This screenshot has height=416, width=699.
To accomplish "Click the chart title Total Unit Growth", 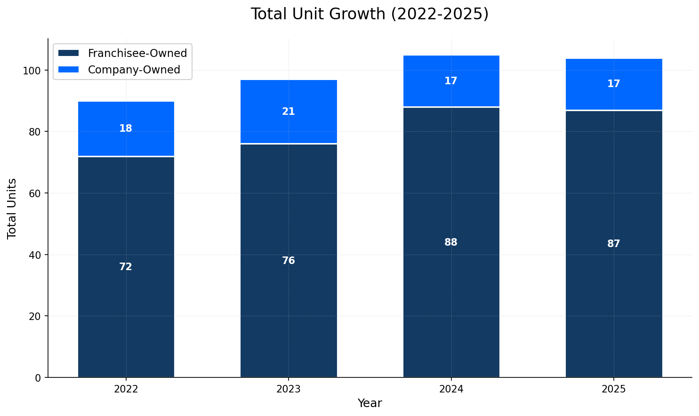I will click(x=370, y=14).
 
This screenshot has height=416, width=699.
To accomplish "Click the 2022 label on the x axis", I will click(x=126, y=389).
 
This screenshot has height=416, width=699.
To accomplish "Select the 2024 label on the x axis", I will click(x=451, y=389).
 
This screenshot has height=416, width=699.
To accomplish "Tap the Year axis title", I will click(x=370, y=403).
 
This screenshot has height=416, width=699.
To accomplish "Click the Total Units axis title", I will click(x=12, y=208).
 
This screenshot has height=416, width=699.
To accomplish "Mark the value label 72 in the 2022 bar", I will click(x=126, y=267).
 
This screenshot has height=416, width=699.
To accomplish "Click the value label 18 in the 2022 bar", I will click(x=126, y=128).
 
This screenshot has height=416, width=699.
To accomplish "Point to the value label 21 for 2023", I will click(x=289, y=112).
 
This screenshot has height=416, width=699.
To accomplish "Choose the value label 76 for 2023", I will click(x=289, y=261).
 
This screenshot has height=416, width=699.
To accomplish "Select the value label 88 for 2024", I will click(x=451, y=242).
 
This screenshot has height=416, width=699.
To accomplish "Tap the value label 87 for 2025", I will click(x=614, y=244).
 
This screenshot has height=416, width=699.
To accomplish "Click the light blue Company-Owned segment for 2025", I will click(x=614, y=71).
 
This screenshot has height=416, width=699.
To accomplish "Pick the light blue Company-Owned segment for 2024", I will click(x=451, y=66).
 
